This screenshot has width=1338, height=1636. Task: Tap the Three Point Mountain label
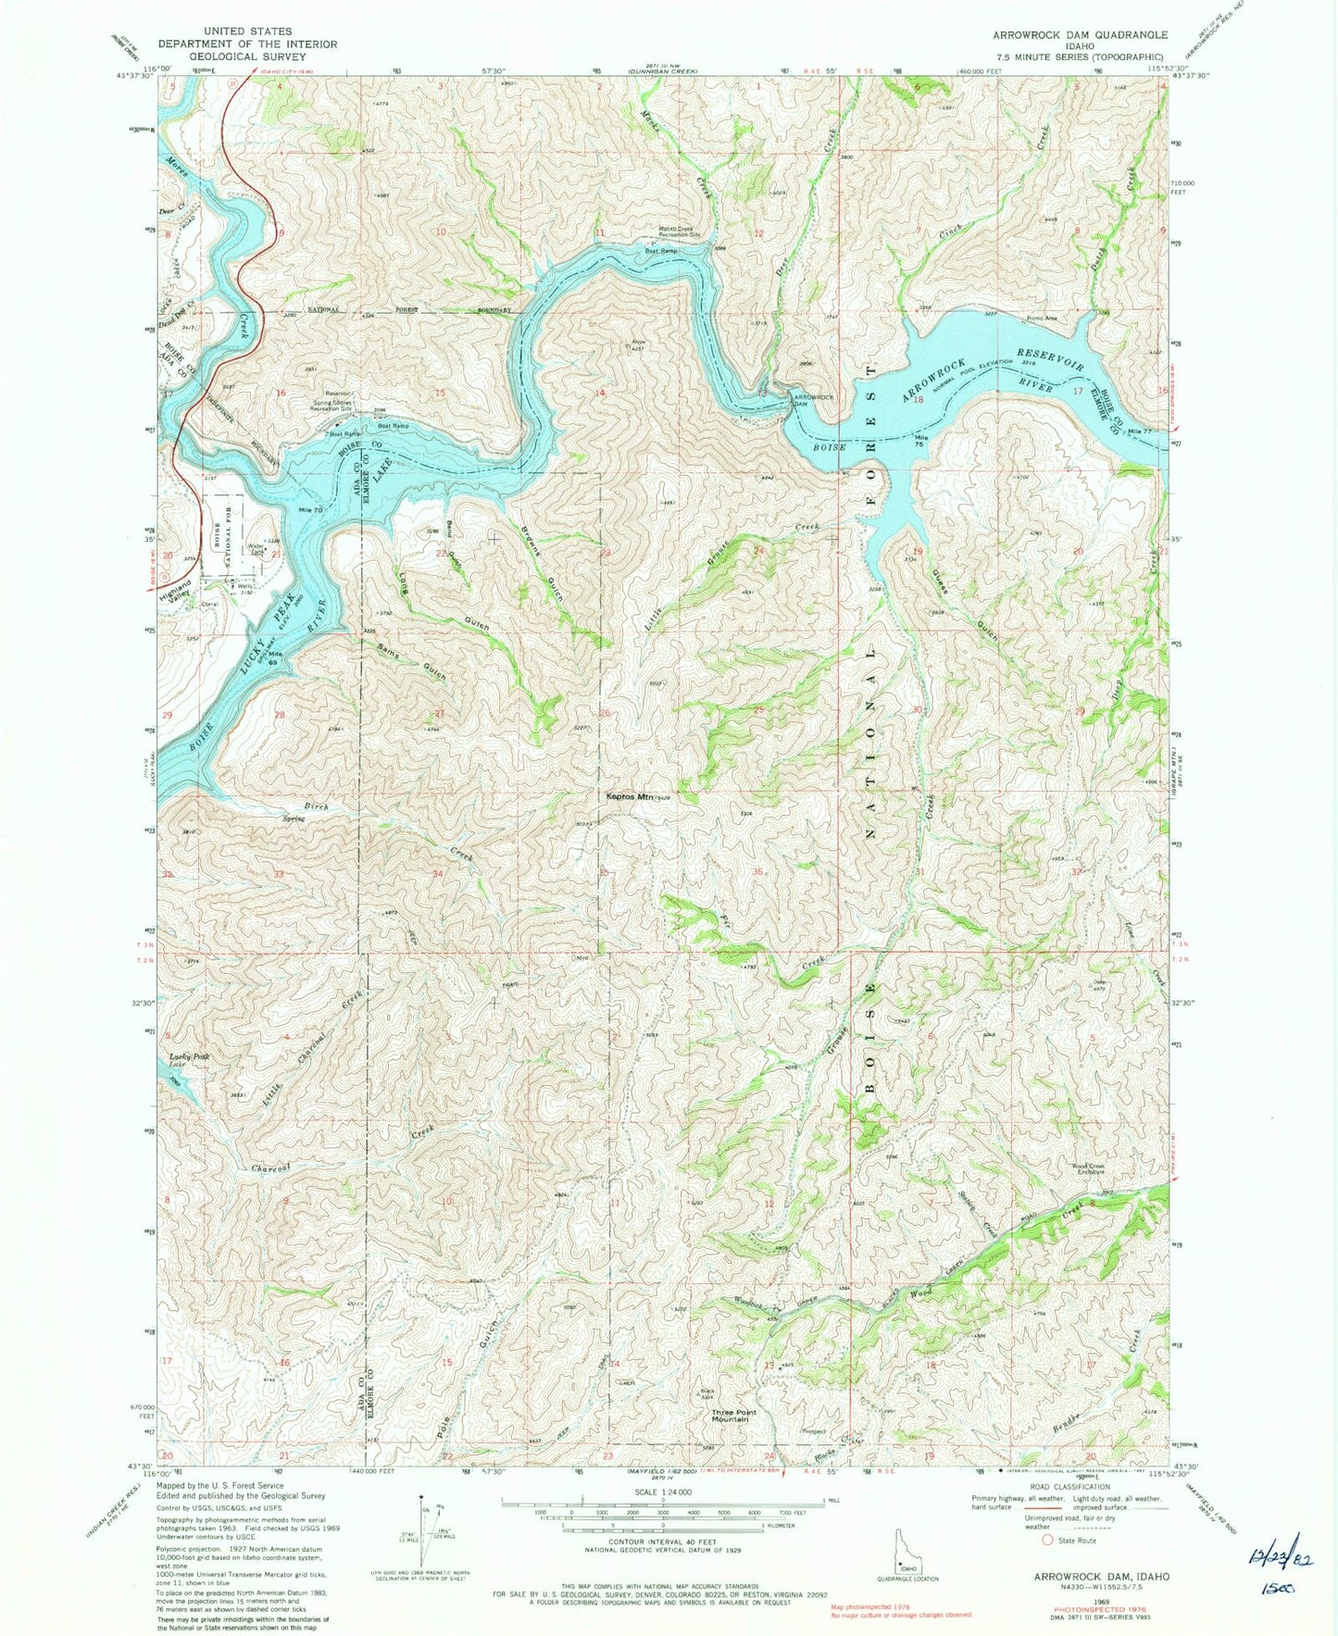[x=730, y=1416]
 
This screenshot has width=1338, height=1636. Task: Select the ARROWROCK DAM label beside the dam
[x=812, y=401]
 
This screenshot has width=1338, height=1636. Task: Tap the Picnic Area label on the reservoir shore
[x=1041, y=318]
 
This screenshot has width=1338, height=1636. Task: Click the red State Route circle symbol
[x=1048, y=1541]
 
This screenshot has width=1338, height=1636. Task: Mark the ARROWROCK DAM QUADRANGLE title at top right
[x=1079, y=34]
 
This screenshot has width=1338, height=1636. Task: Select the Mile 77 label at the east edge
[x=1142, y=431]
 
